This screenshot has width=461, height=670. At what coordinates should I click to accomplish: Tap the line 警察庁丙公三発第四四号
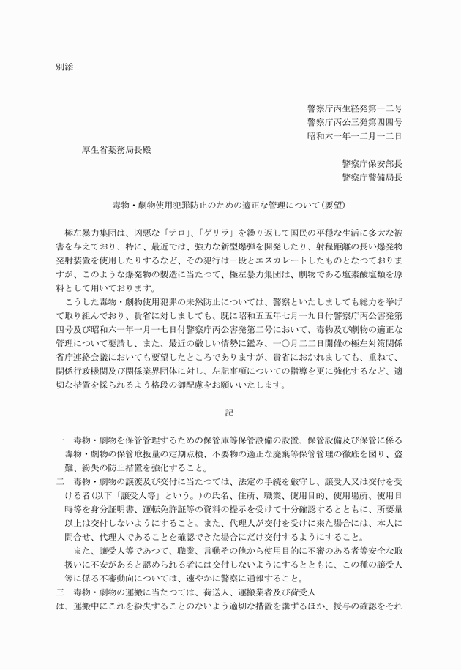[x=354, y=122]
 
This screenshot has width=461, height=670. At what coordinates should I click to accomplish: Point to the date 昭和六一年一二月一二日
[x=354, y=136]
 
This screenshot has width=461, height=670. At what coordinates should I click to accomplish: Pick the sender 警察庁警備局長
[x=371, y=177]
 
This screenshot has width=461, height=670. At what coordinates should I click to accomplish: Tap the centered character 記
[x=230, y=413]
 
